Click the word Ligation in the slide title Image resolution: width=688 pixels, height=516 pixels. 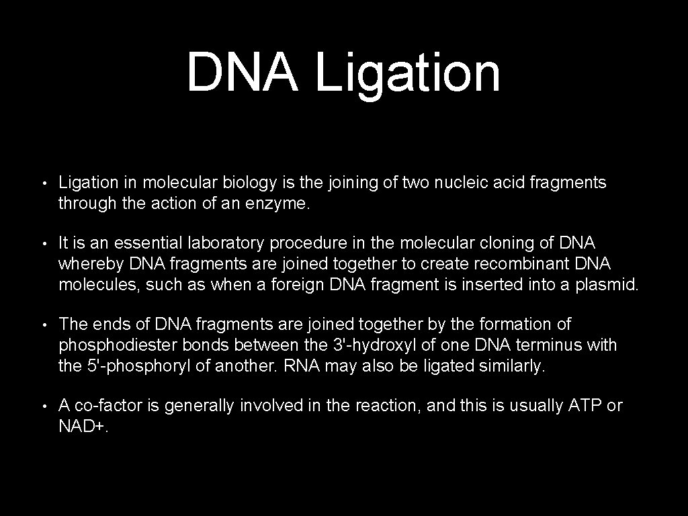408,73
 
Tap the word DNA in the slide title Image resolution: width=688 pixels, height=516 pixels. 242,72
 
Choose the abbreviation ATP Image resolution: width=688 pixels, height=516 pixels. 585,406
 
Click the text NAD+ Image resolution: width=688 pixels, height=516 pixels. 82,427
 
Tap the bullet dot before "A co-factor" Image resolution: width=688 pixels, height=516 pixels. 42,406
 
